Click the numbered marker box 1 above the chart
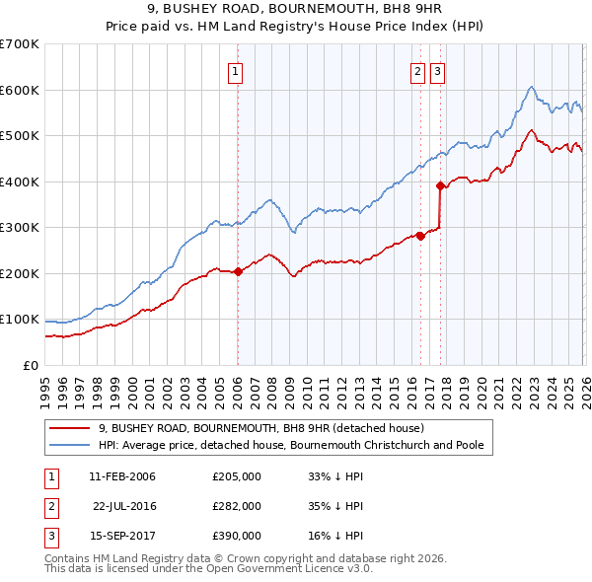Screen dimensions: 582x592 pyautogui.click(x=237, y=70)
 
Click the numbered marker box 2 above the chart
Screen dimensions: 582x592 pyautogui.click(x=418, y=70)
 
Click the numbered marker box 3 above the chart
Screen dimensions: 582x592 pyautogui.click(x=437, y=70)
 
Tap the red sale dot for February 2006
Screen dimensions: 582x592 pyautogui.click(x=238, y=272)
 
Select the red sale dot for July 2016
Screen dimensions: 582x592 pyautogui.click(x=420, y=236)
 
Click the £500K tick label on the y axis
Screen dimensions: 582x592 pyautogui.click(x=20, y=136)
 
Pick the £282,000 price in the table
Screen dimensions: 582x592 pyautogui.click(x=237, y=506)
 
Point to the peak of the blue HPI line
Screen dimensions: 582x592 pyautogui.click(x=531, y=87)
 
